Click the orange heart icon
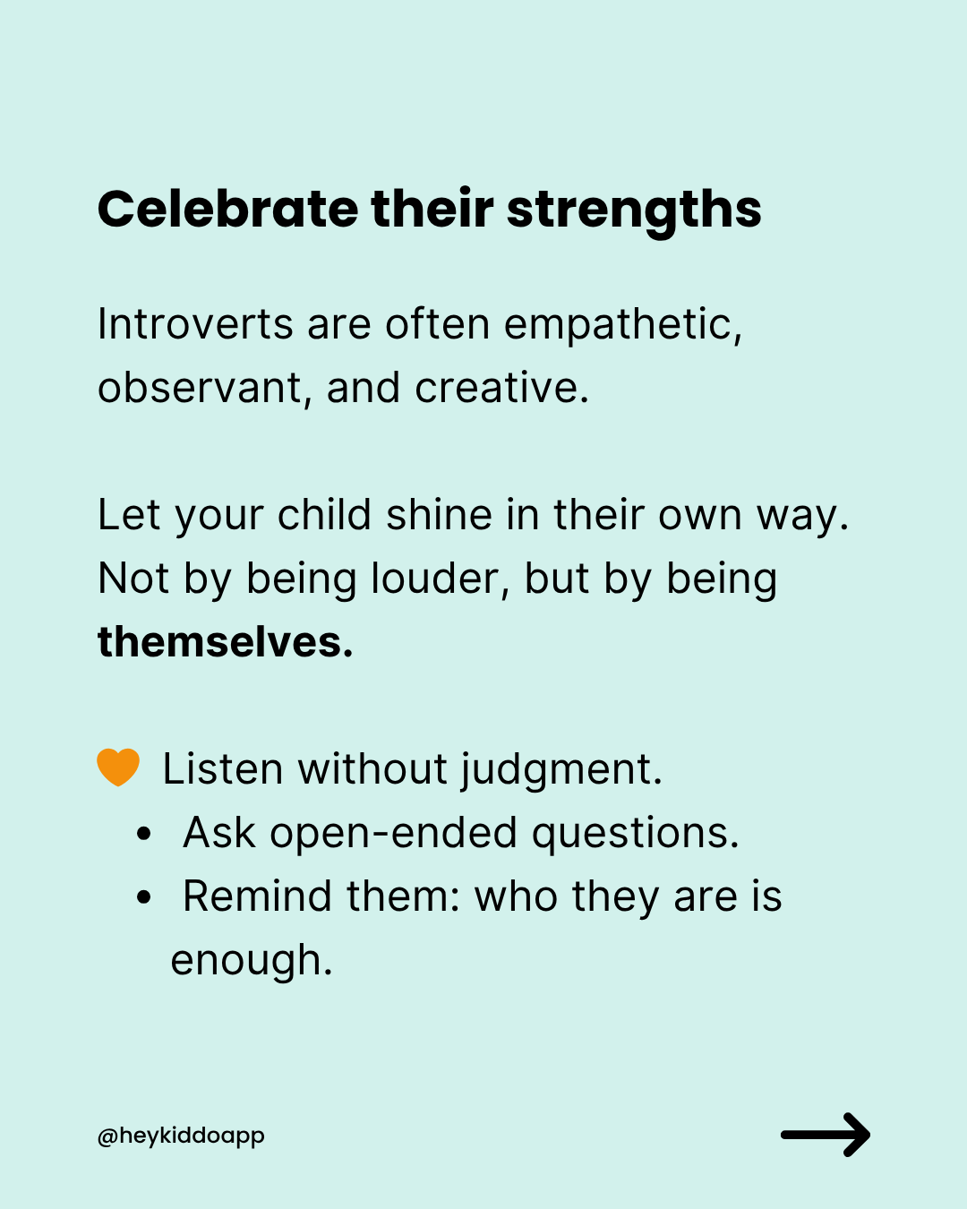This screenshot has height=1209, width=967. (118, 767)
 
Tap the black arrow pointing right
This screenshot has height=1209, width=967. (826, 1135)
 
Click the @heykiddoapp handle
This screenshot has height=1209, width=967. (180, 1136)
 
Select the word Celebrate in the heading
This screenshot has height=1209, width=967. (227, 209)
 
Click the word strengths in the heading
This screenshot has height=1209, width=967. (634, 212)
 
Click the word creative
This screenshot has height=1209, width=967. (501, 388)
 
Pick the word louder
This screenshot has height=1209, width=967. (440, 579)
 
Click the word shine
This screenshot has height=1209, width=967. (439, 515)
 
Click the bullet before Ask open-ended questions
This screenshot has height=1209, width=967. (144, 834)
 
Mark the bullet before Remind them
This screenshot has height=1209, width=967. (144, 897)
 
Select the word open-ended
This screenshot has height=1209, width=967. (393, 834)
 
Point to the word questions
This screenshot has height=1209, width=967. (635, 835)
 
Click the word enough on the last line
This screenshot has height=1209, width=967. (252, 961)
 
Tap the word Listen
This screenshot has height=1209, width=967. (223, 769)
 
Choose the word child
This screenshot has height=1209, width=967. (324, 514)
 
